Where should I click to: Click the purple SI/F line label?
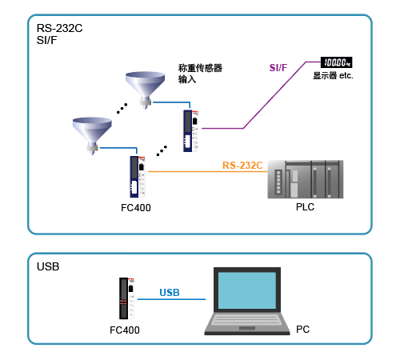[x=278, y=68]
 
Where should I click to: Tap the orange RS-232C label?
[x=242, y=166]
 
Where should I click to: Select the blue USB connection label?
[x=170, y=293]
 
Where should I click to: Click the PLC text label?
[x=305, y=207]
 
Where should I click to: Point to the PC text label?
[x=302, y=330]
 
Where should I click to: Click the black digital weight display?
[x=336, y=62]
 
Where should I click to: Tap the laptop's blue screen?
[x=247, y=290]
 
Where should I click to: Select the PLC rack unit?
[x=306, y=179]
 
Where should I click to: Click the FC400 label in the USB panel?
[x=125, y=330]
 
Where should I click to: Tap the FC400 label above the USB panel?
[x=136, y=208]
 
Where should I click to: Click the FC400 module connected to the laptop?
[x=126, y=298]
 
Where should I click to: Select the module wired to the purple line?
[x=190, y=130]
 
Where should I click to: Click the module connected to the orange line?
[x=138, y=177]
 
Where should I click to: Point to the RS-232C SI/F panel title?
[x=59, y=34]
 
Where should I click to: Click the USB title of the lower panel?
[x=48, y=266]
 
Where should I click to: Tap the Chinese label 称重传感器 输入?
[x=200, y=74]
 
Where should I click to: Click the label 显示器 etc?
[x=333, y=76]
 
